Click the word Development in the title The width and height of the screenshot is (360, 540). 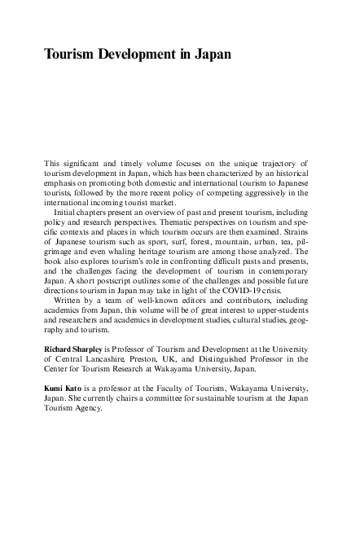click(x=141, y=55)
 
